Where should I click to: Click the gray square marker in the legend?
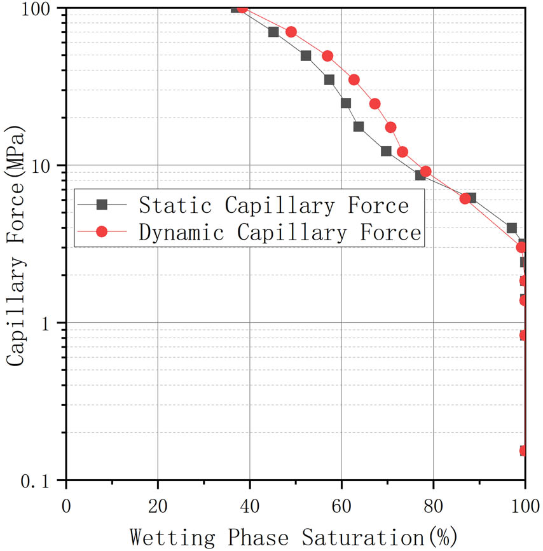pyautogui.click(x=102, y=204)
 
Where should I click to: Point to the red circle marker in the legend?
pyautogui.click(x=102, y=231)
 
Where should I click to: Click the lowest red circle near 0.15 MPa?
pyautogui.click(x=523, y=451)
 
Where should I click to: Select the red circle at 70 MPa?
pyautogui.click(x=291, y=32)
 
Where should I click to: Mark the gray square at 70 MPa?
pyautogui.click(x=273, y=32)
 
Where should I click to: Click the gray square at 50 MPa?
pyautogui.click(x=306, y=56)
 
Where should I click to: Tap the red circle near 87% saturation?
pyautogui.click(x=465, y=198)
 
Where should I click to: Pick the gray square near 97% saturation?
pyautogui.click(x=512, y=228)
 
